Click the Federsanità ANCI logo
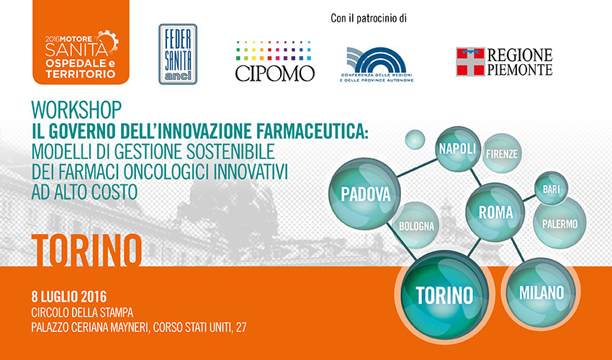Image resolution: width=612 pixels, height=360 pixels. (178, 54)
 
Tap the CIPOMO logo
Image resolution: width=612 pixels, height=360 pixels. (274, 61)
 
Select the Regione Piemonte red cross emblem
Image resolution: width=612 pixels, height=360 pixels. (470, 62)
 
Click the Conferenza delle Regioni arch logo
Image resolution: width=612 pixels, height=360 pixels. (377, 65)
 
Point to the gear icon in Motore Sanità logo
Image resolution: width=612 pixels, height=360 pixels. (109, 41)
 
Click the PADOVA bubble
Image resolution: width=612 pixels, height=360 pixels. (365, 194)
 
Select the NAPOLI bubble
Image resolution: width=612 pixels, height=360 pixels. (457, 149)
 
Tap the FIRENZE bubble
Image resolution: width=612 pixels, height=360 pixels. (502, 153)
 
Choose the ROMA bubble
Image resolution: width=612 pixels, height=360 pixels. (495, 212)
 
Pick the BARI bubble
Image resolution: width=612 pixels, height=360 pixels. (551, 189)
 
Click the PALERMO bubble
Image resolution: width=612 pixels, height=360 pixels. (559, 223)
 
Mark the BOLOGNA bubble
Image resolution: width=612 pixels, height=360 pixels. (416, 225)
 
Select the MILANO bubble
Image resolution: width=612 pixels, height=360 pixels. (541, 292)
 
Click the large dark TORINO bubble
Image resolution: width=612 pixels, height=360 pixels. (444, 294)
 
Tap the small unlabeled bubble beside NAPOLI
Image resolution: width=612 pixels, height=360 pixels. (415, 140)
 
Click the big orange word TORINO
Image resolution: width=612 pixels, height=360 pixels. (86, 250)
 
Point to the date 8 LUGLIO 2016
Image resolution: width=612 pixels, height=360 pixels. (69, 297)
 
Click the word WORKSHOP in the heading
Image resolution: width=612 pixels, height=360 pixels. (76, 109)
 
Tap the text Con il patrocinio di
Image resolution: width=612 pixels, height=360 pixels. (369, 18)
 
